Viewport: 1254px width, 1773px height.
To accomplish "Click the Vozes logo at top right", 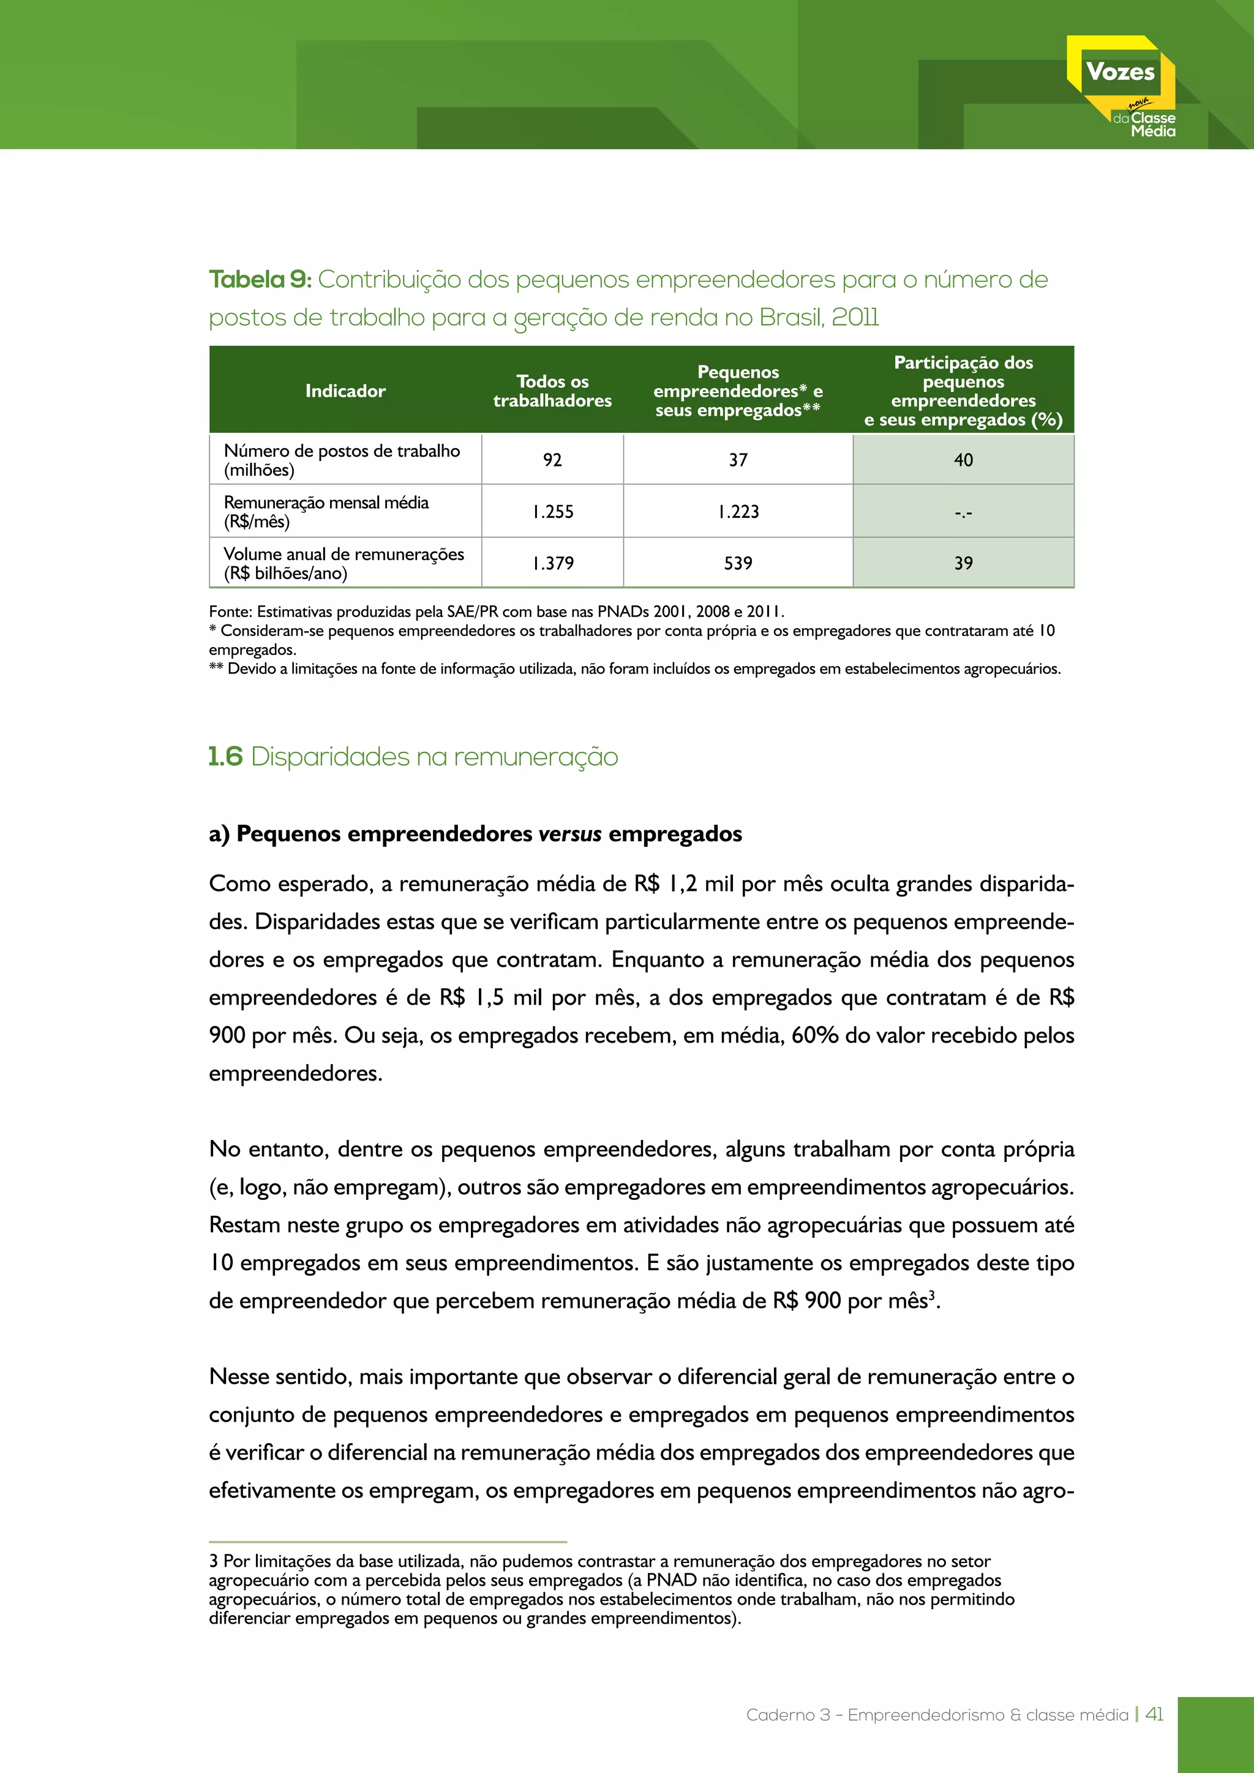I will [1121, 85].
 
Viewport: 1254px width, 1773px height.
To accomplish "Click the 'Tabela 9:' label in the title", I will [260, 280].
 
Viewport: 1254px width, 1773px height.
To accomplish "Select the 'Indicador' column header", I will [345, 391].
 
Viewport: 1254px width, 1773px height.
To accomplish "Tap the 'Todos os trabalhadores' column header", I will [552, 391].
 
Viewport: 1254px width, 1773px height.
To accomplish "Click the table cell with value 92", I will [552, 460].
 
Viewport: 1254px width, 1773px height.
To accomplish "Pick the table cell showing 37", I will [738, 460].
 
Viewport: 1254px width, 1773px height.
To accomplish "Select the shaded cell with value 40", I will [963, 460].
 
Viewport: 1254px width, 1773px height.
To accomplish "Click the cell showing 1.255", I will [552, 512].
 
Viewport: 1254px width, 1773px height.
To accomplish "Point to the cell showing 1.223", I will [738, 512].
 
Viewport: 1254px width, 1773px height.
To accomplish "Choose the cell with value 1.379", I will [552, 564].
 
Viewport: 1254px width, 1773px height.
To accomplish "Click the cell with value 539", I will [738, 564].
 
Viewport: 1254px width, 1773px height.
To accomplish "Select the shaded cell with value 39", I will [963, 564].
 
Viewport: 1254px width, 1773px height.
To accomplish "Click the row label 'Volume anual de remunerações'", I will [344, 555].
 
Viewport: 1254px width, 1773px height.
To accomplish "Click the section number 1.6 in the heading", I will [225, 757].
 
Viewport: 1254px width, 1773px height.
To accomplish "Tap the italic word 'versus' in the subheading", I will [569, 834].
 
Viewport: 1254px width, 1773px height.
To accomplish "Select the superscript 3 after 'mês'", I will [932, 1295].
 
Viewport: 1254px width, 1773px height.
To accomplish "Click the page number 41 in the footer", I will [1154, 1714].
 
